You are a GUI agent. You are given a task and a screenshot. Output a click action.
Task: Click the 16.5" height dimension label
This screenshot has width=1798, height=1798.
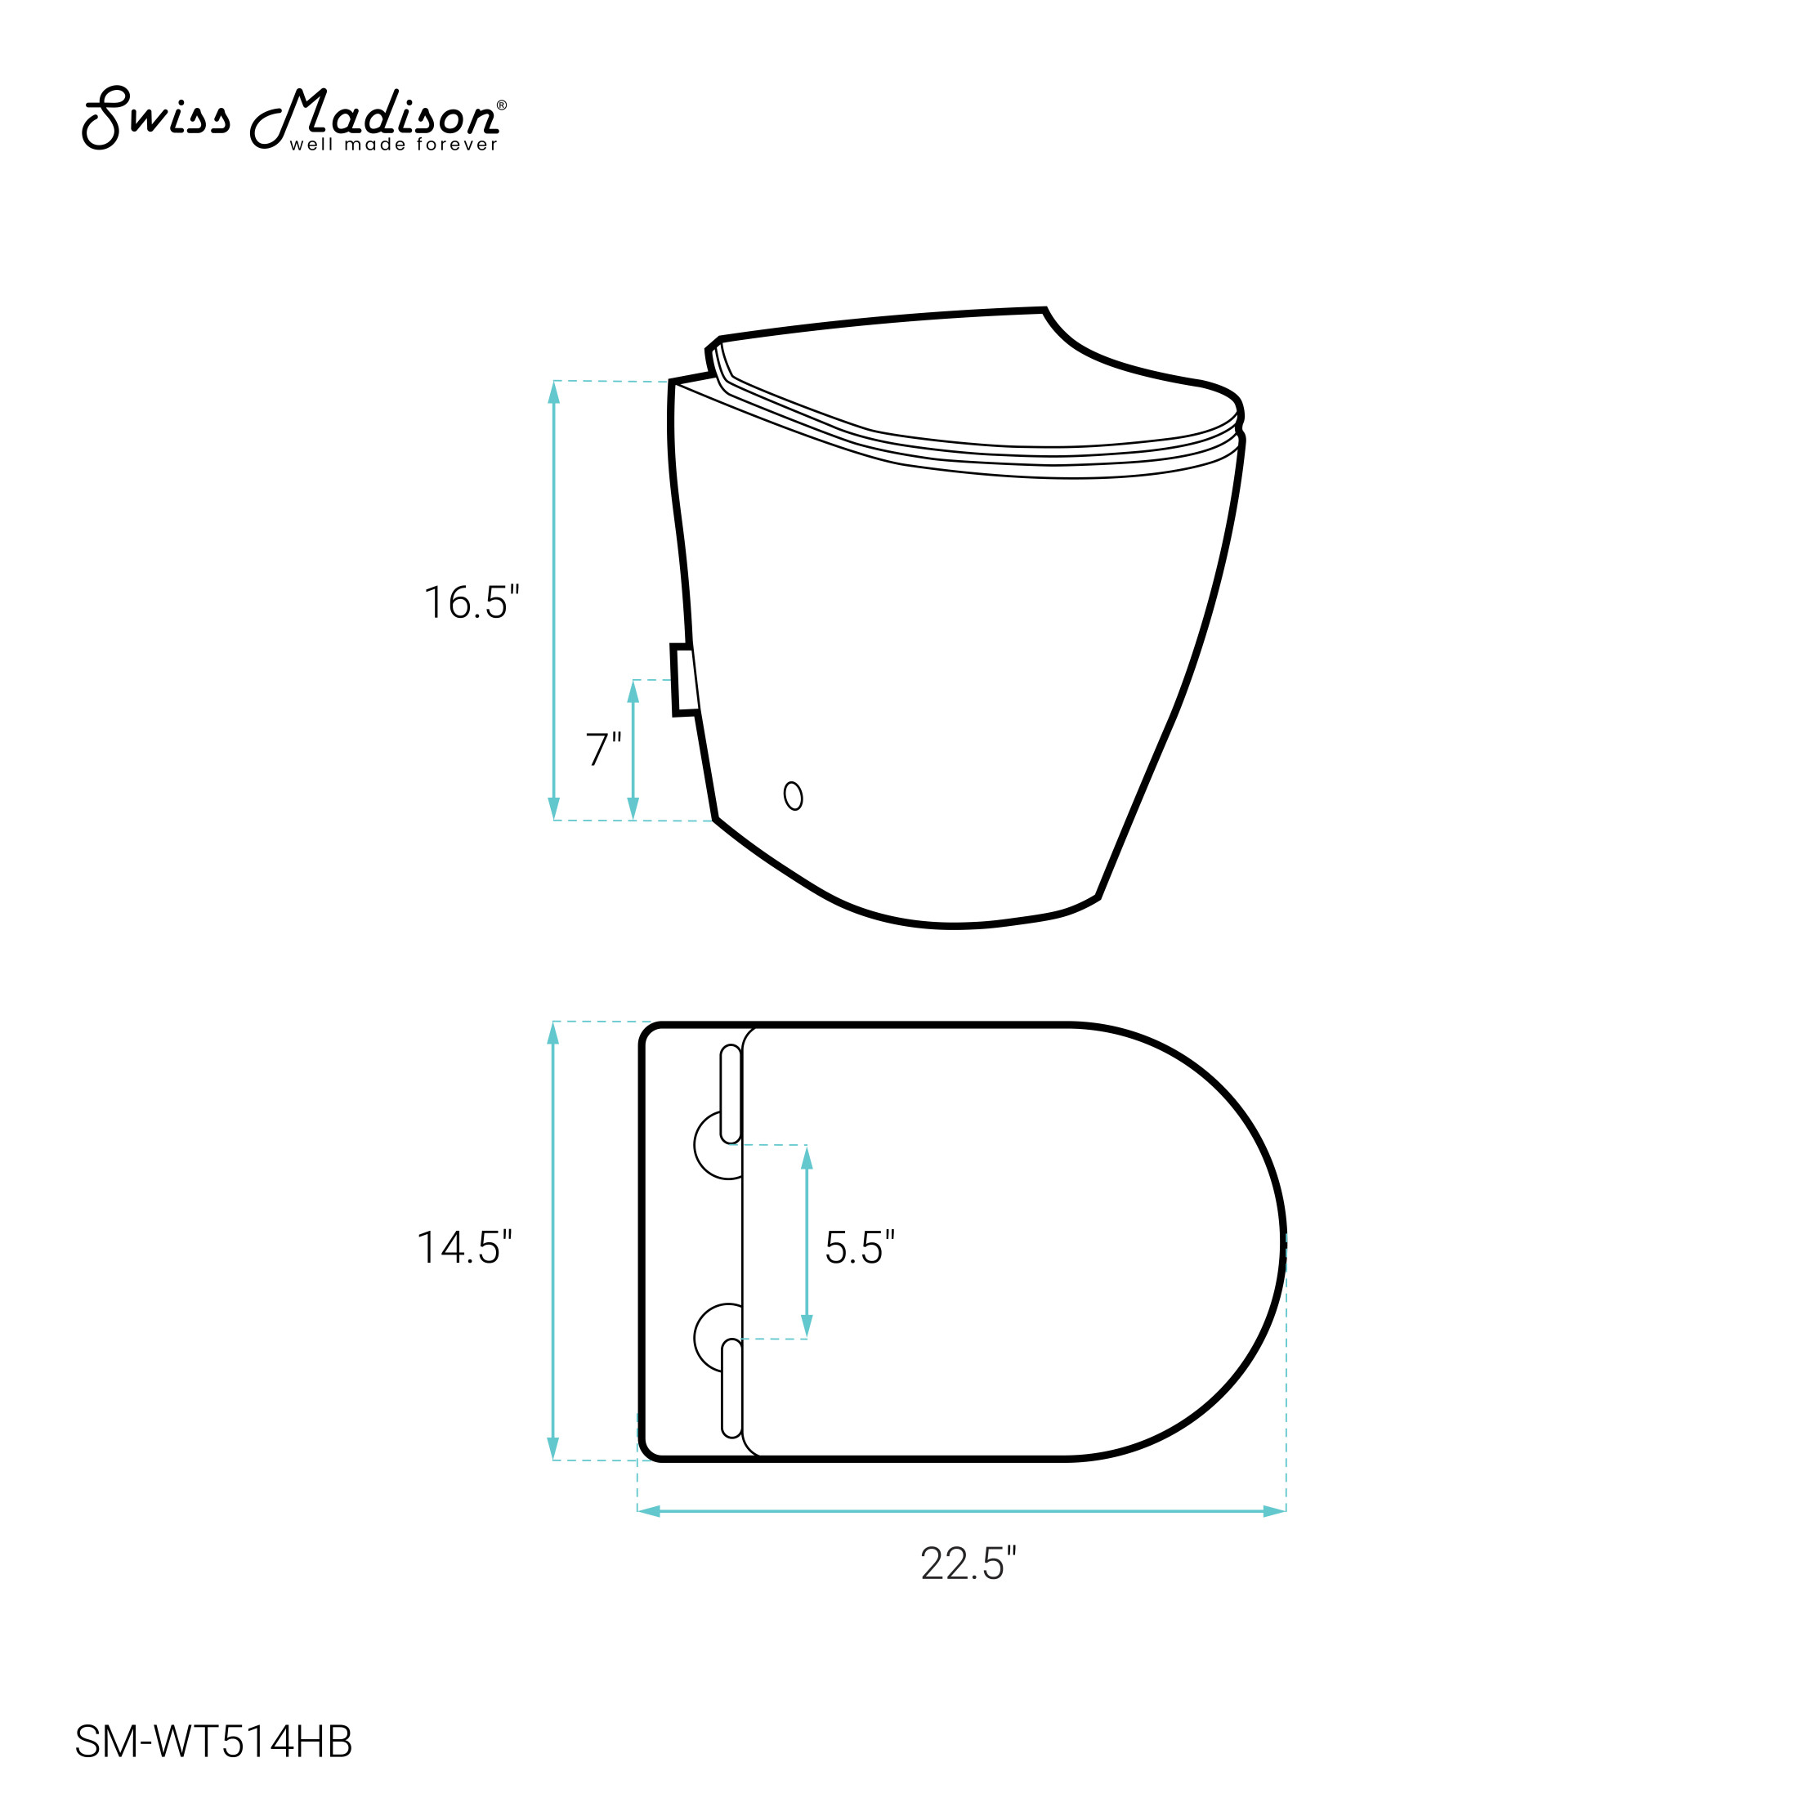pos(471,602)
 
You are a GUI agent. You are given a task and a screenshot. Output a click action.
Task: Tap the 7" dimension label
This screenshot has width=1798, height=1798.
pos(603,749)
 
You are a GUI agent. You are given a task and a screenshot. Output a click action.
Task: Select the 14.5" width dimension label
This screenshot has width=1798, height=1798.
pos(464,1247)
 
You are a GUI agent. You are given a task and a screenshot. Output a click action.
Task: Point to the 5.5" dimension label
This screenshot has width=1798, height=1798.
pos(860,1247)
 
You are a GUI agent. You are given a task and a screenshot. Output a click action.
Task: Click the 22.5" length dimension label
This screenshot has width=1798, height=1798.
pos(968,1563)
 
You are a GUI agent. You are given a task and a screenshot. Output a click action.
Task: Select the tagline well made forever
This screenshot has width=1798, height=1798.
pos(394,145)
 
